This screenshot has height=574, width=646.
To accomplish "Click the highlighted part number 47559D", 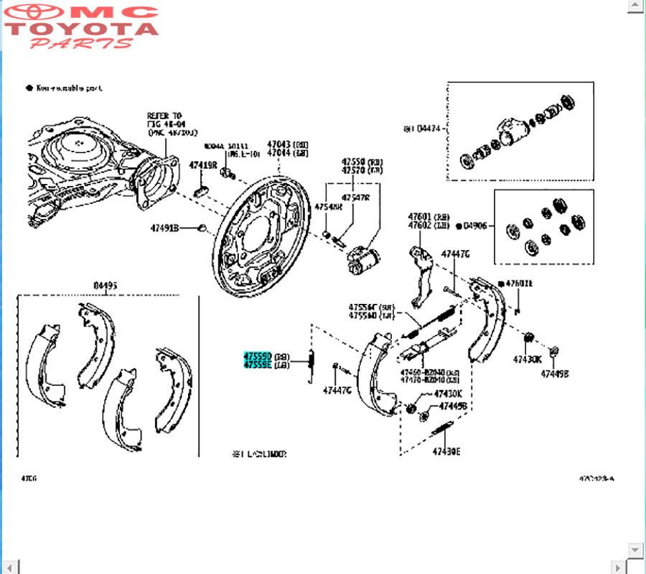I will [x=256, y=356].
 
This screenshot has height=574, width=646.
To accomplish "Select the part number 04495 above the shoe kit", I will [x=106, y=285].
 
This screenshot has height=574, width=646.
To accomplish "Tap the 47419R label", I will [x=202, y=165].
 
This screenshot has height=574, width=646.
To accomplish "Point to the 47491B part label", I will [x=164, y=228].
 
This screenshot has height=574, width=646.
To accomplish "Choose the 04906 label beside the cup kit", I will [x=474, y=226].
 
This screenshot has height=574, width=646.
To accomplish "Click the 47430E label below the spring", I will [x=446, y=452].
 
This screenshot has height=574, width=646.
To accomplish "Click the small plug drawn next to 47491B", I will [x=202, y=228].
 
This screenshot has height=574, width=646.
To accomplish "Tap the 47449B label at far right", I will [x=555, y=374].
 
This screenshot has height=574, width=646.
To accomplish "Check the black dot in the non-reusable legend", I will [x=29, y=88].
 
